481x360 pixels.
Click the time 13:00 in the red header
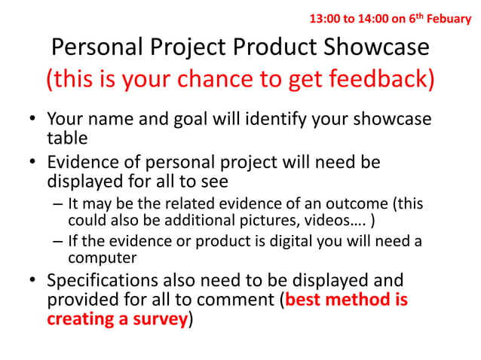click(x=325, y=18)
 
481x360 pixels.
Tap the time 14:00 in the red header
click(x=368, y=18)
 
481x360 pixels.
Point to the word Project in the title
click(x=194, y=47)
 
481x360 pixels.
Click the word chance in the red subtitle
click(x=218, y=80)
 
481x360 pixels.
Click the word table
click(x=66, y=138)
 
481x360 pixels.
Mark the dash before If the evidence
click(x=57, y=242)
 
